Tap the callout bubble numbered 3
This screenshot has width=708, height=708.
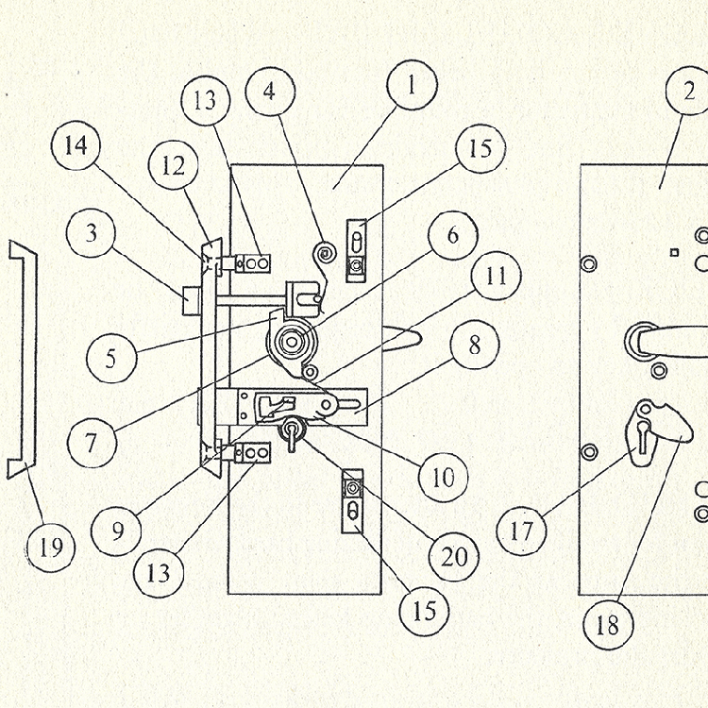click(92, 232)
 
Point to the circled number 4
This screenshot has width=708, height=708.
click(271, 93)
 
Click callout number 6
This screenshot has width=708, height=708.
click(452, 234)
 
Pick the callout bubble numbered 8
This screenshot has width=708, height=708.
click(475, 346)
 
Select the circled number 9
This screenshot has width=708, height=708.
click(116, 531)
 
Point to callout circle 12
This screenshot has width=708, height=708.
click(174, 165)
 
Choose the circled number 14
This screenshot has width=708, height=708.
click(77, 148)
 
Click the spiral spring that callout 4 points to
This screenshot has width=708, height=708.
click(325, 253)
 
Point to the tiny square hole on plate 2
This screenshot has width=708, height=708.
click(674, 252)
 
